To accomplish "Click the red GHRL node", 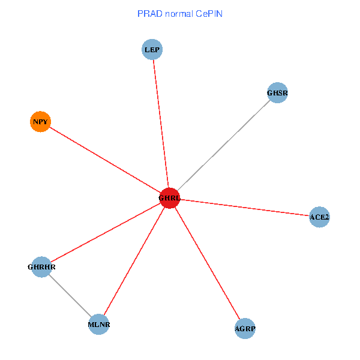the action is point(170,198).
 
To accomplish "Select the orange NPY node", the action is point(40,122).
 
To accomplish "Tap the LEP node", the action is point(152,50).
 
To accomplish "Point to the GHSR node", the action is point(277,93).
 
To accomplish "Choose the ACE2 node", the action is point(319,217).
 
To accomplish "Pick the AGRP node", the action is point(245,329).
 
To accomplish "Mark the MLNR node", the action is point(99,325).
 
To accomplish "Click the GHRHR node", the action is point(41,266).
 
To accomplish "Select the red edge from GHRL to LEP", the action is point(161,124).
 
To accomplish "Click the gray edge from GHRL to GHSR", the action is point(223,146).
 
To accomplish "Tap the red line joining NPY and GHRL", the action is point(105,160).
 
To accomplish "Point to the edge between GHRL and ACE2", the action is point(244,208).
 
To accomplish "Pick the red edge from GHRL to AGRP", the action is point(207,263).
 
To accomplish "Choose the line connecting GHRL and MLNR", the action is point(134,262).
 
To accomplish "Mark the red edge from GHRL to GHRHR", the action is point(106,232).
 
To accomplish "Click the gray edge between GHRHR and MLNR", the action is point(70,296).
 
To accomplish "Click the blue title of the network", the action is point(180,13).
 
